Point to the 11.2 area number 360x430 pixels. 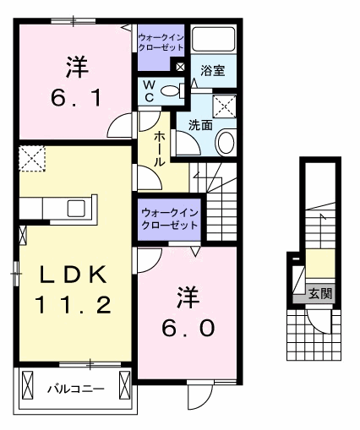pyautogui.click(x=73, y=304)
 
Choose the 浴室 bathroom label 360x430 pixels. pyautogui.click(x=212, y=72)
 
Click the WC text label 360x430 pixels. pyautogui.click(x=148, y=91)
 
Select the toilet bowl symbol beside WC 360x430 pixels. pyautogui.click(x=172, y=91)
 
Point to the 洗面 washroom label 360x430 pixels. pyautogui.click(x=199, y=125)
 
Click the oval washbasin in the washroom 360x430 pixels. pyautogui.click(x=226, y=143)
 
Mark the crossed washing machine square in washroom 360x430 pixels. pyautogui.click(x=224, y=106)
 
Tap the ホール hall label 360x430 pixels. pyautogui.click(x=159, y=149)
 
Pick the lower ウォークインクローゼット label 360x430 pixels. pyautogui.click(x=169, y=219)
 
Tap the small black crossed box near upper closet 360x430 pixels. pyautogui.click(x=179, y=65)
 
